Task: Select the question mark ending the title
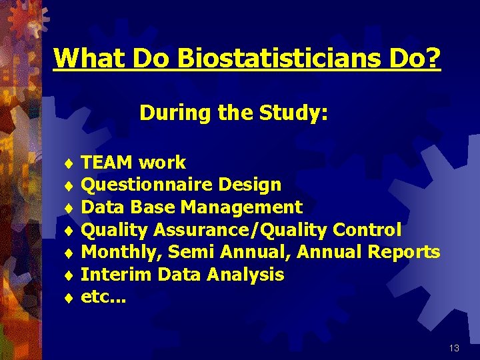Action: (x=434, y=58)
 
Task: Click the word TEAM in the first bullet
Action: (x=108, y=162)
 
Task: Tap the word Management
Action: (x=241, y=207)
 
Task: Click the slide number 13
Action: (x=454, y=348)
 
